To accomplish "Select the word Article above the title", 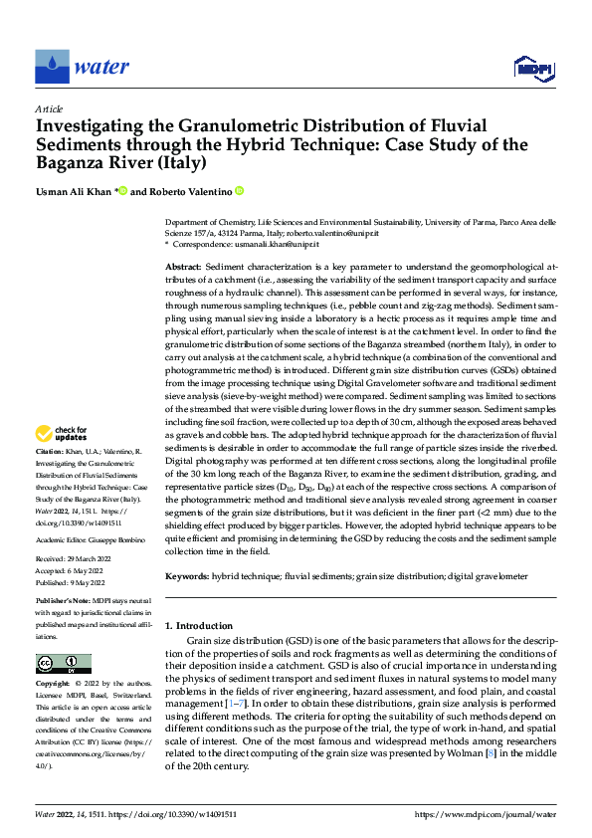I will coord(49,108).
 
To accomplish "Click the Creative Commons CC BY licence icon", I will coord(63,663).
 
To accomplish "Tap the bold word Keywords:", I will coord(187,576).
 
